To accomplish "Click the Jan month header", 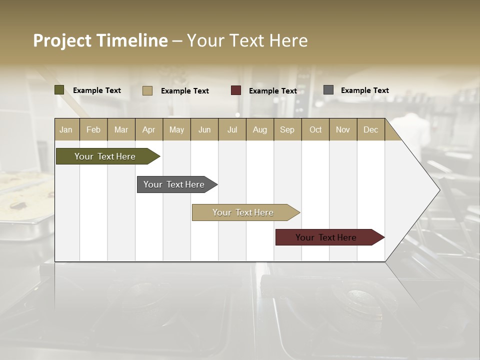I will pos(66,129).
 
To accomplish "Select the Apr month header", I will pos(149,129).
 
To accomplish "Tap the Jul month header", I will pos(232,129).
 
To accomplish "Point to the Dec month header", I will pos(370,129).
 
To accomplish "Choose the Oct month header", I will pos(315,129).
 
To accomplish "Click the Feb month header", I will pos(93,129).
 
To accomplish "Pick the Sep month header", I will pos(287,129).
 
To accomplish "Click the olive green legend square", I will pos(59,90).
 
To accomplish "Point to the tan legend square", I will pos(147,90).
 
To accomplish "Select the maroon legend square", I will pos(236,90).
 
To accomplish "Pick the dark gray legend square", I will pos(328,90).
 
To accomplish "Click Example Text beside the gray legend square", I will pos(364,90).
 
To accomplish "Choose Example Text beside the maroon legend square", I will pos(272,91).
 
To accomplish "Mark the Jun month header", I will pos(204,129).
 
